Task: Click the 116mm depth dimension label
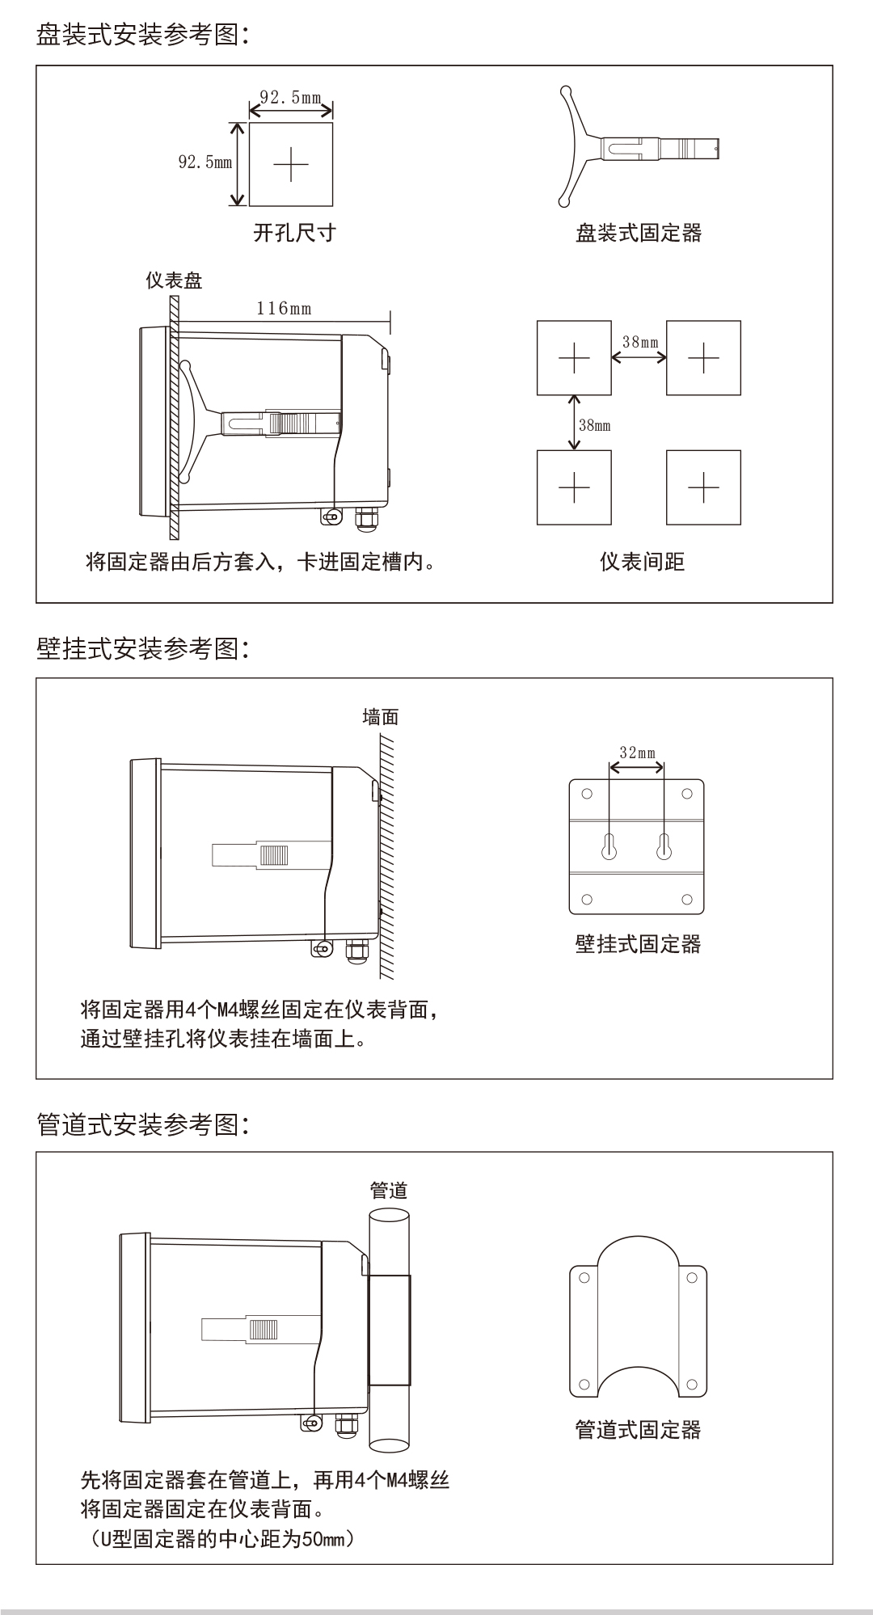284,308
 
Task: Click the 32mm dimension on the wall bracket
637,753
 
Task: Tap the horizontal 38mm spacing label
639,342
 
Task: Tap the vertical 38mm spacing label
595,425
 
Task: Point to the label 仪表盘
174,280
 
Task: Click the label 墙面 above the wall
380,717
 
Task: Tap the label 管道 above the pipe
389,1191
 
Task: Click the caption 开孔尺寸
294,234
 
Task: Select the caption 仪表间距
642,562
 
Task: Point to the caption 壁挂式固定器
638,944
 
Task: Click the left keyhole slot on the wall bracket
609,846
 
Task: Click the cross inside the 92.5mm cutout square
291,165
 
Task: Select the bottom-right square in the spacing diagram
703,487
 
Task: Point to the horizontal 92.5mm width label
290,98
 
